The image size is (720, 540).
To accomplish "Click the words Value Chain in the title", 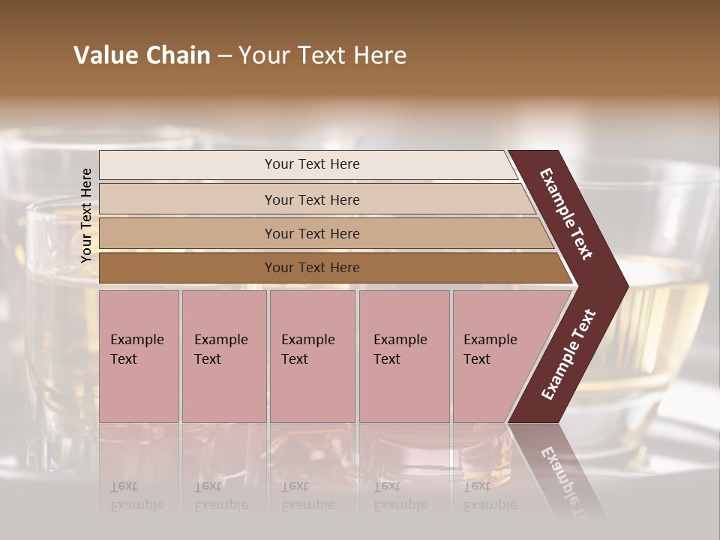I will point(142,55).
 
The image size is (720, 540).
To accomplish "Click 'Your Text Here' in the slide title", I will point(322,55).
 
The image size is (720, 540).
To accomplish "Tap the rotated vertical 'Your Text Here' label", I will point(86,215).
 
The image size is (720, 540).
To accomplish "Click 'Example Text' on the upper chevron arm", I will point(566,214).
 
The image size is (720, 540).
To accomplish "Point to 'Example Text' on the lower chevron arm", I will point(568,355).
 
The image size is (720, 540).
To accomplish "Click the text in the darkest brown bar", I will point(312,268).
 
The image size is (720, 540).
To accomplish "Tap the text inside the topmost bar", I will point(312,164).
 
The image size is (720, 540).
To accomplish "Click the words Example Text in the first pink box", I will point(136,349).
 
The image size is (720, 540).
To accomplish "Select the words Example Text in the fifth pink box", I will point(490,349).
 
